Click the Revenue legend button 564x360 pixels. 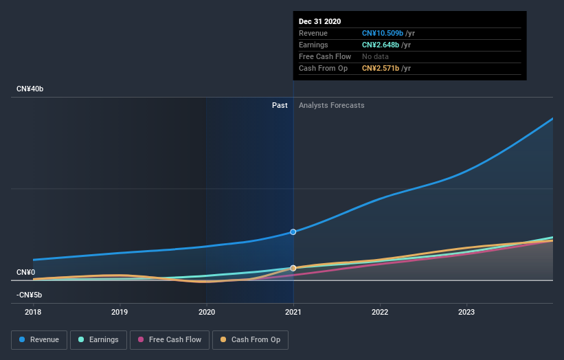coord(39,339)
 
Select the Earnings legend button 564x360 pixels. coord(98,339)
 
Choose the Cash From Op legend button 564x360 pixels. coord(251,339)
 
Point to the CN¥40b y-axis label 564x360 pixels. coord(31,89)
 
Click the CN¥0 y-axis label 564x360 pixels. coord(25,273)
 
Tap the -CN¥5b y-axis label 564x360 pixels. coord(30,295)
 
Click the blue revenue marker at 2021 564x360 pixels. coord(293,232)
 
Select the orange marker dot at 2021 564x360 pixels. coord(293,268)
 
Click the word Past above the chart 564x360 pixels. coord(280,105)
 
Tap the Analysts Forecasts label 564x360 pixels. coord(332,105)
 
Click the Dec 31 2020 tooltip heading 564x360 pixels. coord(319,21)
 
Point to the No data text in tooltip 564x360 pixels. coord(376,56)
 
